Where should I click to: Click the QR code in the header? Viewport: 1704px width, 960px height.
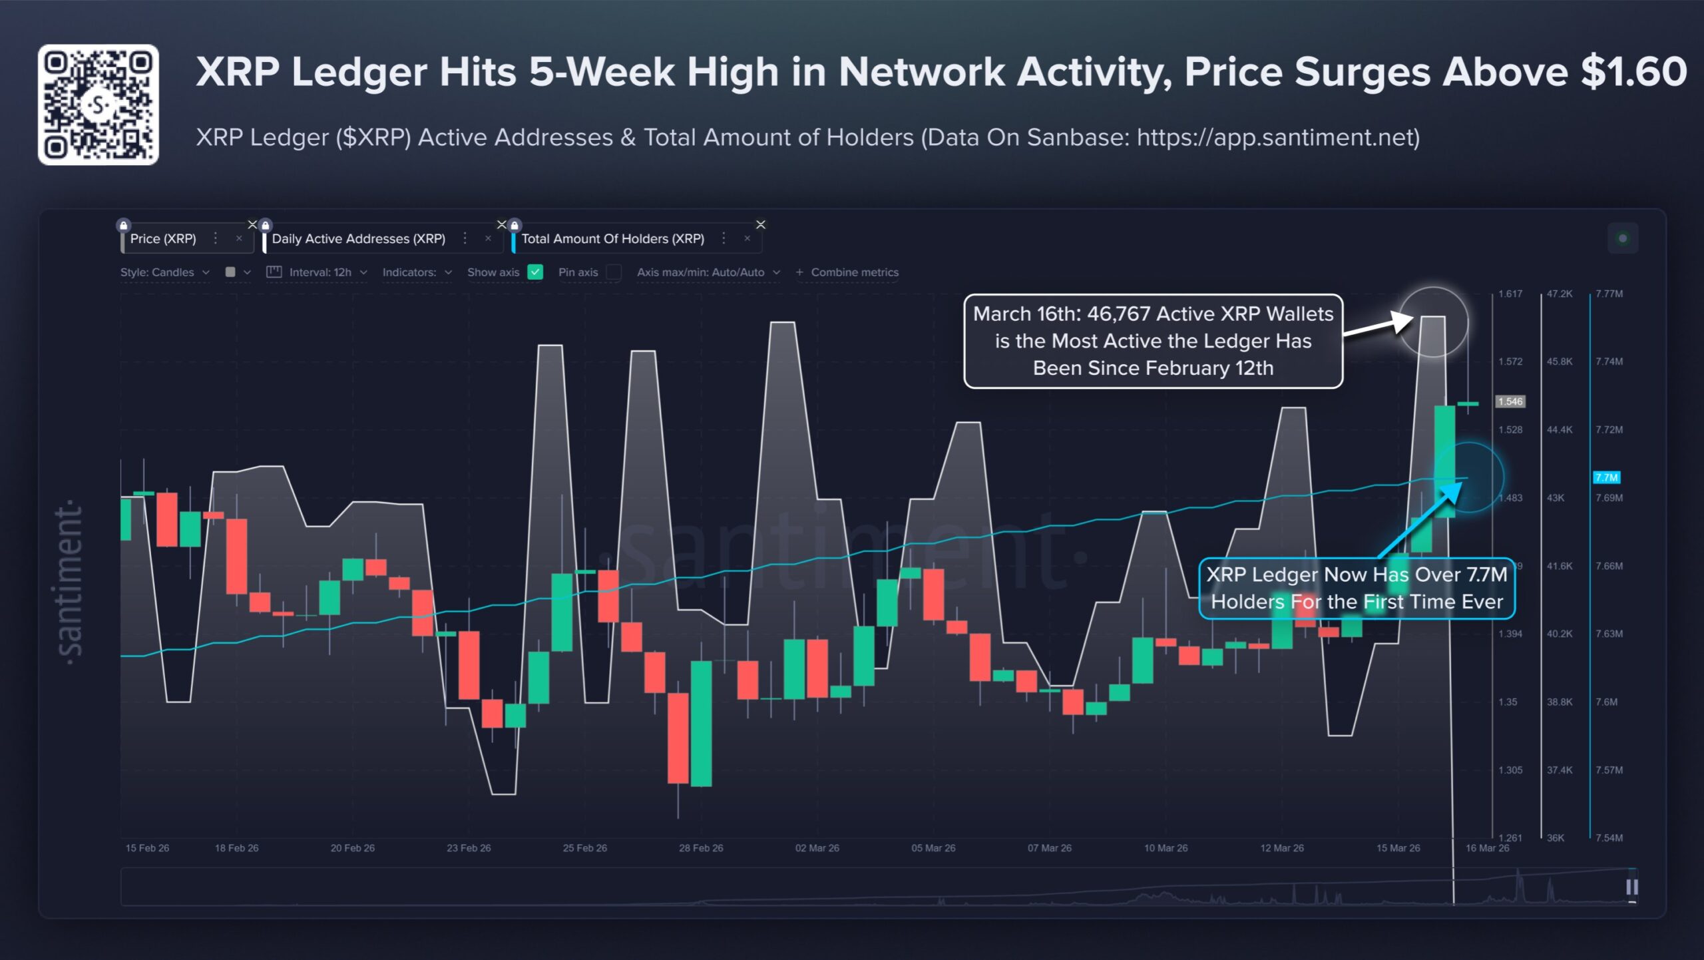tap(98, 105)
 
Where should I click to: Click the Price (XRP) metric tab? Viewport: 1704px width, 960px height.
tap(163, 238)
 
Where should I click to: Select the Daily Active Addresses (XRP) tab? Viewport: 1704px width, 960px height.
tap(358, 238)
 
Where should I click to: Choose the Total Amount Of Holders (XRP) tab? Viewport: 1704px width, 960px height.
tap(612, 238)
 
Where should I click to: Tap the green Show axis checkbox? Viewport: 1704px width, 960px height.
tap(535, 272)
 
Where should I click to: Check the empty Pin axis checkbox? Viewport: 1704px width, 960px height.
tap(614, 272)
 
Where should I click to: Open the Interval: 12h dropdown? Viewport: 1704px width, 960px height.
tap(318, 272)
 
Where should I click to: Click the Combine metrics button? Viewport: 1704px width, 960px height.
tap(847, 272)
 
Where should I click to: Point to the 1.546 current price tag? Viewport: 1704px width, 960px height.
tap(1510, 401)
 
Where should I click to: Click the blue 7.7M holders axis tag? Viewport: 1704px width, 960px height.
tap(1606, 477)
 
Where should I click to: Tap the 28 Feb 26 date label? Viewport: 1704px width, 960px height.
tap(701, 847)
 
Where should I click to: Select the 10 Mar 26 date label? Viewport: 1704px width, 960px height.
tap(1166, 847)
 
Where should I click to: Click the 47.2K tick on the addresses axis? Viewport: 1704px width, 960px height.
tap(1559, 294)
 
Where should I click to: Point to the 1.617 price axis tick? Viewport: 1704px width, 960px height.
tap(1510, 294)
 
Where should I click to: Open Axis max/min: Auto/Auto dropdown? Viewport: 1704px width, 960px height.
tap(708, 272)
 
